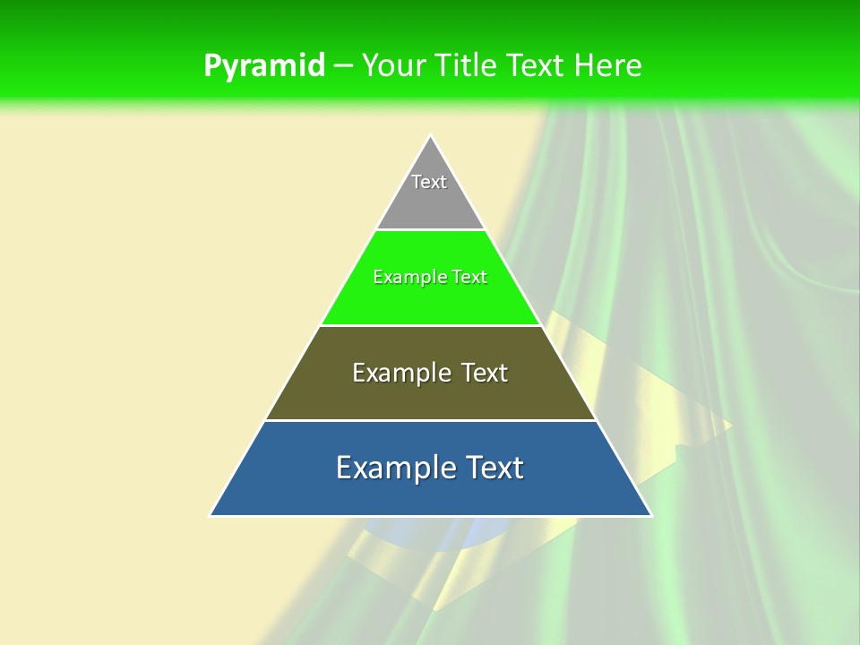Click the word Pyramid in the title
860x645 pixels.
(x=264, y=65)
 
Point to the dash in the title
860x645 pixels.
(x=343, y=66)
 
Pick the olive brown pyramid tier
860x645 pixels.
(x=430, y=394)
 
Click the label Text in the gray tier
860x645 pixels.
(x=429, y=182)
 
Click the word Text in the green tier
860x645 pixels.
(x=469, y=277)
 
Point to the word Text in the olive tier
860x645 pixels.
(x=484, y=373)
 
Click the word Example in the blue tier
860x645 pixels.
(x=391, y=468)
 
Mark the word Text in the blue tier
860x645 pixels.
(x=495, y=468)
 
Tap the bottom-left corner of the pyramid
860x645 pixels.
(x=211, y=514)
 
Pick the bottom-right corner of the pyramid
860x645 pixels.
(x=650, y=514)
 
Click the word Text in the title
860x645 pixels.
(x=536, y=65)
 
